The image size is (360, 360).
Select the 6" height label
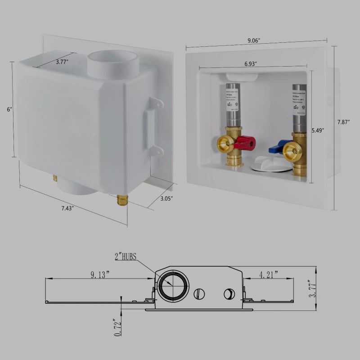pyautogui.click(x=9, y=109)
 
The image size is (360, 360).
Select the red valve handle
pyautogui.click(x=245, y=143)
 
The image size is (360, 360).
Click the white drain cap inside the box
pyautogui.click(x=270, y=164)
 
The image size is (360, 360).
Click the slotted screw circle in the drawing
pyautogui.click(x=198, y=294)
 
